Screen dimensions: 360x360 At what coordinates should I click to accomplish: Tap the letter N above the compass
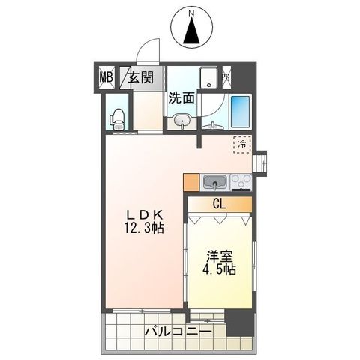[190, 13]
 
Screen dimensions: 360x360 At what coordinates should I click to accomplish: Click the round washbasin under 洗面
[181, 119]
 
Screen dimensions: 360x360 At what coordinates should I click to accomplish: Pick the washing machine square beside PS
[208, 76]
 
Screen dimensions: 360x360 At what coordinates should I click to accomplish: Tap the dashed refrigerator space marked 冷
[242, 142]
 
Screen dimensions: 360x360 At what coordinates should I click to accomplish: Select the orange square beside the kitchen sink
[190, 181]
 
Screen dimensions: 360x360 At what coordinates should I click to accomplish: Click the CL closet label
[219, 203]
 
